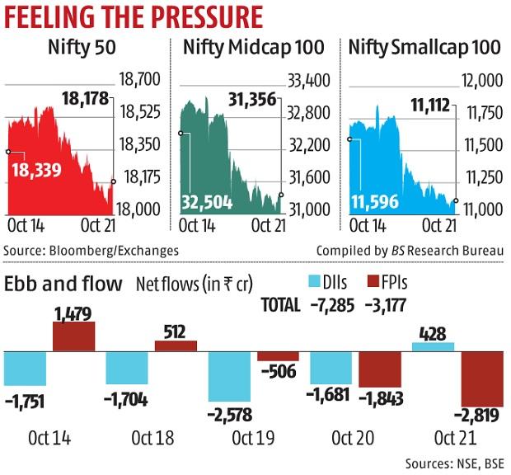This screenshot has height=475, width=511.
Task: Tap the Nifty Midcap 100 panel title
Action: (x=252, y=49)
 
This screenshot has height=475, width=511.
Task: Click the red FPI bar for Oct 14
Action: (x=73, y=336)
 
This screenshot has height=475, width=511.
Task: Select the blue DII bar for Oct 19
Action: (x=230, y=376)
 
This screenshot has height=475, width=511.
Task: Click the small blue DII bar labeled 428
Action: (x=432, y=346)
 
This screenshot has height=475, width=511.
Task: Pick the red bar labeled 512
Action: (x=176, y=346)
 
